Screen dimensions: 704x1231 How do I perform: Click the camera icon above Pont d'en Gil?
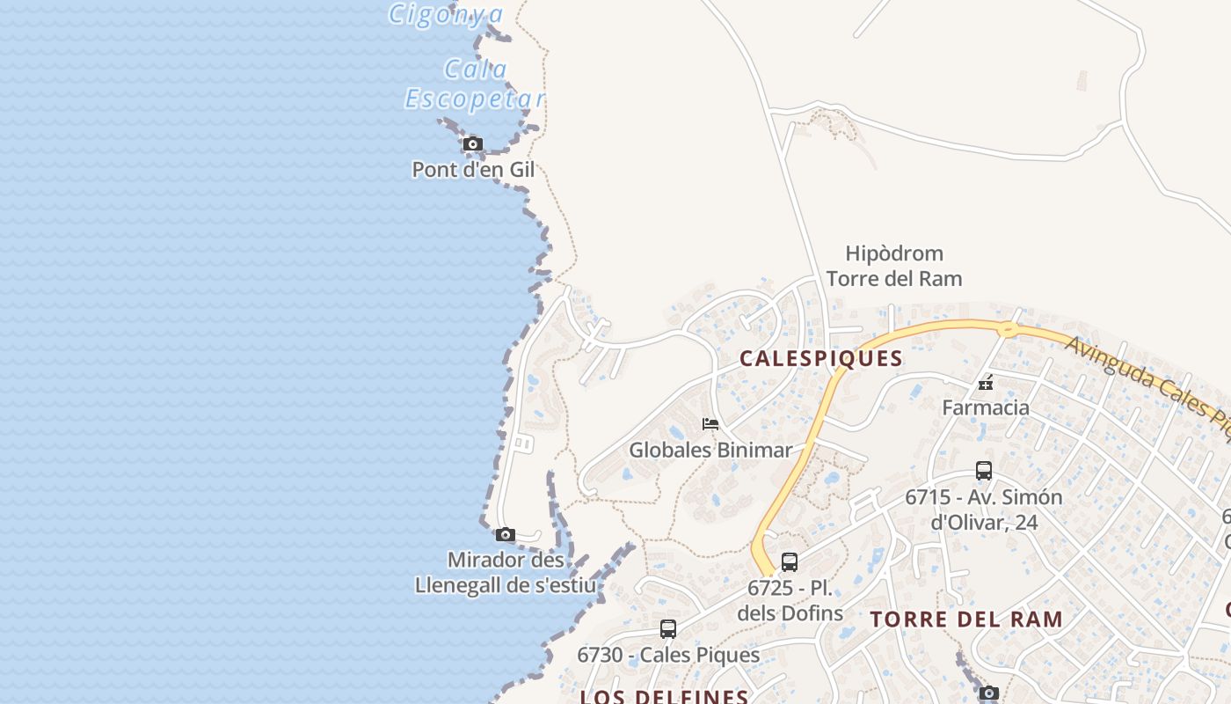pos(473,143)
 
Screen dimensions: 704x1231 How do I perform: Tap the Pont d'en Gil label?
pos(473,170)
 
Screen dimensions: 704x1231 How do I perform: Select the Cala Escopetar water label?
pos(475,84)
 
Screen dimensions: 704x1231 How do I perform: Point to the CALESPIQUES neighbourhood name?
pos(821,358)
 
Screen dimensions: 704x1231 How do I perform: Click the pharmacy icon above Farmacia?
pos(986,384)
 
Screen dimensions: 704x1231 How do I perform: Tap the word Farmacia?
pos(986,407)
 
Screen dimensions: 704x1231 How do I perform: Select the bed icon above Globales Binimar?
pos(710,424)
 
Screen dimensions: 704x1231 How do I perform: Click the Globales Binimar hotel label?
pos(710,451)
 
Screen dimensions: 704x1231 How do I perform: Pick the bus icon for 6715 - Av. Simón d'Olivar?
pos(984,471)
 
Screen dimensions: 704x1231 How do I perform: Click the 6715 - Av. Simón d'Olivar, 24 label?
pos(984,510)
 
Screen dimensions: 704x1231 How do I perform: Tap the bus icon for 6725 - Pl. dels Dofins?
pos(790,561)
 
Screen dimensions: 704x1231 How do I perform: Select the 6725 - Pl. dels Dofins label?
pos(790,600)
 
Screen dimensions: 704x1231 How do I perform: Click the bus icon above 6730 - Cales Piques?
pos(668,629)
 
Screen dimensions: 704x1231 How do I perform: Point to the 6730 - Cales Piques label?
pos(668,656)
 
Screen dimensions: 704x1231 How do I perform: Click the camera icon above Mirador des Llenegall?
pos(505,534)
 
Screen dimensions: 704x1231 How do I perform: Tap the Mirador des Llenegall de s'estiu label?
pos(506,573)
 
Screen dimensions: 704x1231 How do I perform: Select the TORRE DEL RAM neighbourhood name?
pos(966,619)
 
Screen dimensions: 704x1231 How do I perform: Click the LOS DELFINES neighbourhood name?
pos(664,696)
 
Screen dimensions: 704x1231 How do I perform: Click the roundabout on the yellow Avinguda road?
pos(1007,330)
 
